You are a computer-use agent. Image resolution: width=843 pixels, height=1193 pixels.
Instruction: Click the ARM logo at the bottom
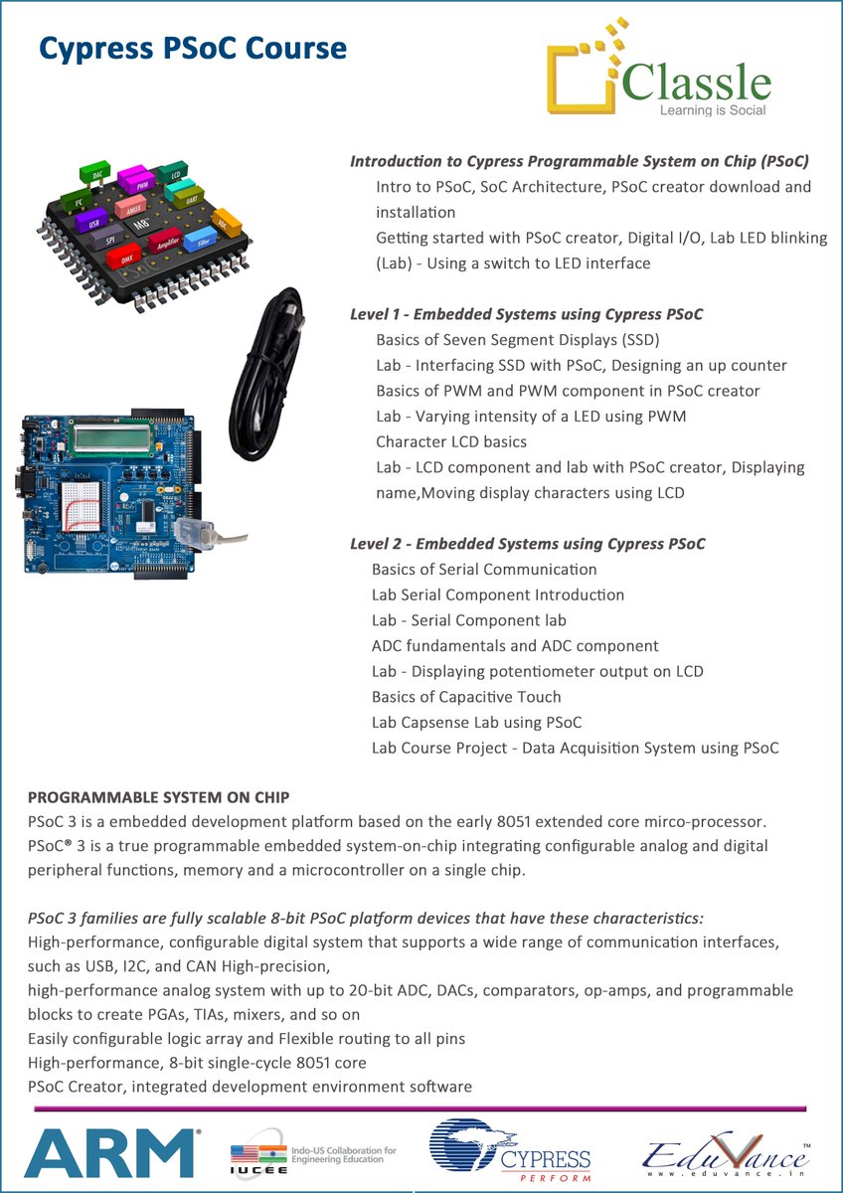point(110,1152)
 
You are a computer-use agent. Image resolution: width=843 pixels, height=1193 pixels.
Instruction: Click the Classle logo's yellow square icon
point(585,80)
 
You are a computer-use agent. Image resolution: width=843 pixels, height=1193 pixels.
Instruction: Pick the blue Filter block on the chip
point(203,239)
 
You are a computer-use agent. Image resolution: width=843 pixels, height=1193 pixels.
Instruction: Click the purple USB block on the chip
point(93,223)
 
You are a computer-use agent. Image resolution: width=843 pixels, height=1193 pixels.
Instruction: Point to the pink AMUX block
point(130,207)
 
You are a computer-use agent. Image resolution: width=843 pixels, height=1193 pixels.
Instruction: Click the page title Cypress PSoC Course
point(193,48)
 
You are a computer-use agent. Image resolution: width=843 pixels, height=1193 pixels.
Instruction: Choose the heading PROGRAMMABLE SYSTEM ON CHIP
point(159,798)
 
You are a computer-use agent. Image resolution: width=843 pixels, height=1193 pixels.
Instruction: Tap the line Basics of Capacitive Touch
point(466,697)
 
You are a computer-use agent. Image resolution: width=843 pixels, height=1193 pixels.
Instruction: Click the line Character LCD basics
point(451,441)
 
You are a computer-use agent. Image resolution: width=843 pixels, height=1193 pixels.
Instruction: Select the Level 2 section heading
point(528,544)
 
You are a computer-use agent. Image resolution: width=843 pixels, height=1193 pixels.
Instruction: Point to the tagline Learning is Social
point(713,110)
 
